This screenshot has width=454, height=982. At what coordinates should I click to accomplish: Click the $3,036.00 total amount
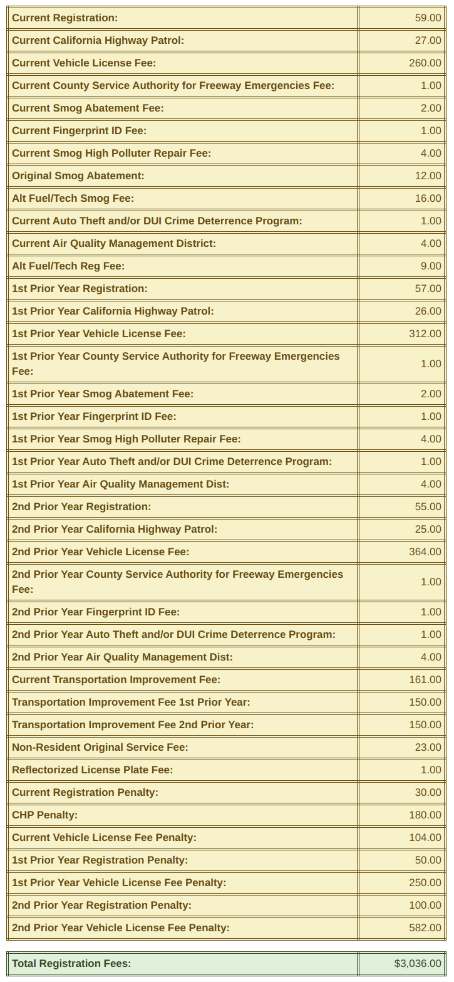coord(418,964)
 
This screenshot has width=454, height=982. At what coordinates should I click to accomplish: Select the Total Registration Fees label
coord(71,964)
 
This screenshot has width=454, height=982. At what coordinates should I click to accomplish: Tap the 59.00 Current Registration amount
coord(428,18)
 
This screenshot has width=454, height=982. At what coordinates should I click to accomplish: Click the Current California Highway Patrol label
coord(98,41)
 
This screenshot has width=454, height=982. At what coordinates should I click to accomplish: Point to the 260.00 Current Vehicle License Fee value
coord(425,63)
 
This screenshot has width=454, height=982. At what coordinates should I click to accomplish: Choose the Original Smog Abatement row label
coord(78,176)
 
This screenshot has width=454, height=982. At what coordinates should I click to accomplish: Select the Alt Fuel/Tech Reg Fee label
coord(68,266)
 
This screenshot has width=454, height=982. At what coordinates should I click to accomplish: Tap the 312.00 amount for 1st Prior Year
coord(425,334)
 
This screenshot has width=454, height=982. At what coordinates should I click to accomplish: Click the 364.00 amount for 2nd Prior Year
coord(425,552)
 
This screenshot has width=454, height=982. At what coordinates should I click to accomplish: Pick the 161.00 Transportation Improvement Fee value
coord(425,680)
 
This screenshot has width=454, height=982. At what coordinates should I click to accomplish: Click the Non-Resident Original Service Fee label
coord(100,748)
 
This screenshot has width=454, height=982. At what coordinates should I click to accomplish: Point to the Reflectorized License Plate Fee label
coord(92,770)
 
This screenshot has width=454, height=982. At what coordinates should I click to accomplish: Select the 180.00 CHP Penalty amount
coord(425,815)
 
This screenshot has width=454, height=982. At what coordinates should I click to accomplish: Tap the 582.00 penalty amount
coord(425,928)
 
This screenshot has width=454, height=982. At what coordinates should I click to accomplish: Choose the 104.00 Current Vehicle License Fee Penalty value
coord(425,838)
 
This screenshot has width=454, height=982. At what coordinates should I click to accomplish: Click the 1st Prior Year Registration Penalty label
coord(100,860)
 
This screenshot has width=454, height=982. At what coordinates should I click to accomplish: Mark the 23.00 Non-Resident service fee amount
coord(428,748)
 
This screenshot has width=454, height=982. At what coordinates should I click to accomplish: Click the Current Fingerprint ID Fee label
coord(79,131)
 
